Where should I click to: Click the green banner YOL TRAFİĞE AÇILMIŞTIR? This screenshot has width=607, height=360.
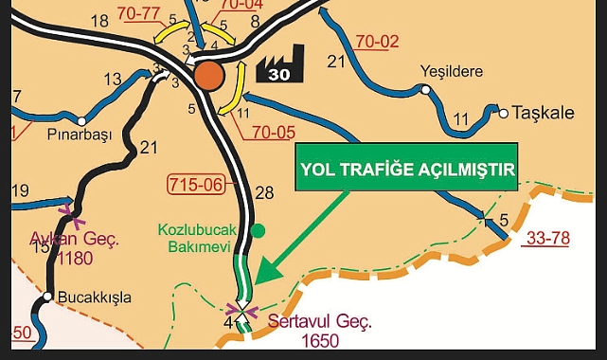click(x=407, y=170)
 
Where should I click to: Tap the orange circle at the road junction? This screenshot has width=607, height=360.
click(x=209, y=77)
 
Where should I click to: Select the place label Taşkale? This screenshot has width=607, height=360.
click(x=544, y=113)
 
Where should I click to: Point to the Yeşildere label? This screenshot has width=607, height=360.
click(x=451, y=71)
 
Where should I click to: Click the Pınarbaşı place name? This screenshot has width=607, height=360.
click(x=80, y=135)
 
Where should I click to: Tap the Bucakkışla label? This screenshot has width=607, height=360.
click(x=95, y=297)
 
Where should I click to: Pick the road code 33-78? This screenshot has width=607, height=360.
click(x=547, y=238)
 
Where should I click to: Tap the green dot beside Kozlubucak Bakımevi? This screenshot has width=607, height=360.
click(x=259, y=230)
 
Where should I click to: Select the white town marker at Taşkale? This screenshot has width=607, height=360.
click(x=504, y=114)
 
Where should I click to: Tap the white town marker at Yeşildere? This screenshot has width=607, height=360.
click(x=426, y=90)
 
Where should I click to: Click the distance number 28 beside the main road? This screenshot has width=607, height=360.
click(x=264, y=193)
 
